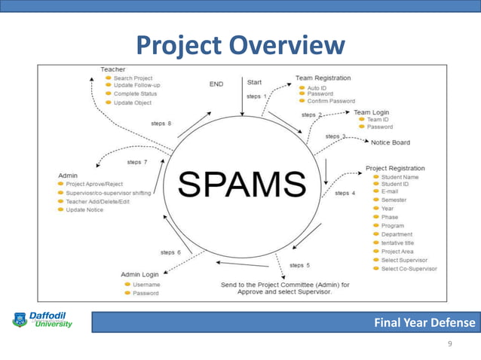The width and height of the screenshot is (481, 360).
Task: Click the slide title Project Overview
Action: click(x=240, y=46)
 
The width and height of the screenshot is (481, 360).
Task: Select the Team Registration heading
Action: click(x=323, y=78)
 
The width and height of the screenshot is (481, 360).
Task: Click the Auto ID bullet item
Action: click(x=317, y=88)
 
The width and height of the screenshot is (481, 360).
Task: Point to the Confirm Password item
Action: click(x=330, y=101)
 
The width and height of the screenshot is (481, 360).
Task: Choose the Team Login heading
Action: click(x=371, y=112)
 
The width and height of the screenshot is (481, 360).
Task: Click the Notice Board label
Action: click(x=390, y=142)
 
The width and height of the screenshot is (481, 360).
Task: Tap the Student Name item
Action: click(x=400, y=177)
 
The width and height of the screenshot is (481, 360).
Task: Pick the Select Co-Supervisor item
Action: click(x=409, y=269)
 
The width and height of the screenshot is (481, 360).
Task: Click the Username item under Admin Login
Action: click(x=146, y=285)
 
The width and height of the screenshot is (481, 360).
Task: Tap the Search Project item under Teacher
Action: click(x=132, y=78)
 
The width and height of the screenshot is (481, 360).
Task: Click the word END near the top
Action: click(x=216, y=84)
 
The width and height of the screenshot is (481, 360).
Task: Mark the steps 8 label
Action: click(x=159, y=124)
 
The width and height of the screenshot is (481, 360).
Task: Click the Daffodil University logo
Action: click(x=42, y=319)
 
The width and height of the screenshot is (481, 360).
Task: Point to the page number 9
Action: click(x=450, y=344)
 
